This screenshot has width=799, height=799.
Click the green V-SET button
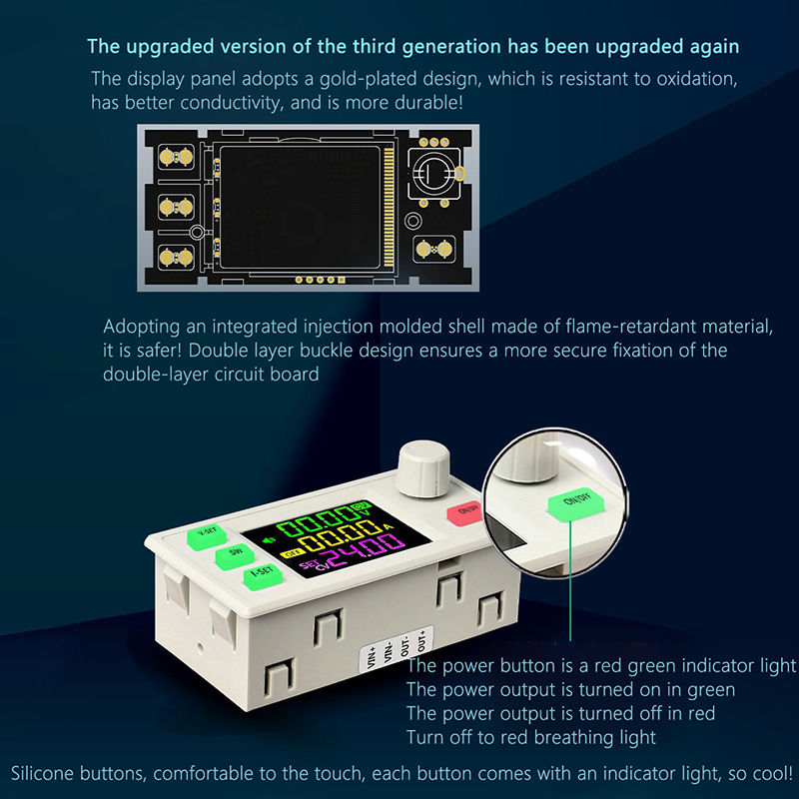(x=207, y=536)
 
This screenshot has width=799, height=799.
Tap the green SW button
(x=235, y=556)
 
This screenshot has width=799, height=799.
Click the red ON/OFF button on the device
(x=464, y=512)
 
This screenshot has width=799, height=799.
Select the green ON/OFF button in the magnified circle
(x=576, y=504)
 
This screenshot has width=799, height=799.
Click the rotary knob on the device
(x=422, y=469)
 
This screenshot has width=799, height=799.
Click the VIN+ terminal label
(x=372, y=657)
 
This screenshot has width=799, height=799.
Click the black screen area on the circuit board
(x=301, y=208)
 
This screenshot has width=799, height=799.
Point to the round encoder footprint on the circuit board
(x=434, y=173)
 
